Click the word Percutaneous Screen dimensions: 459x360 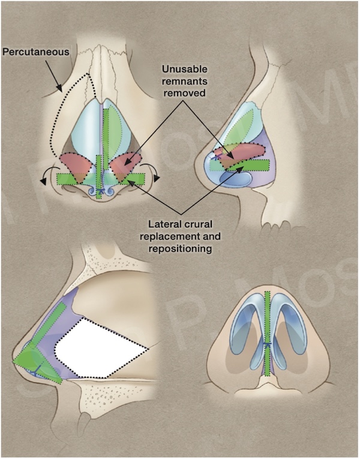pos(37,52)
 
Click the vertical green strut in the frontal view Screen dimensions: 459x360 pos(106,144)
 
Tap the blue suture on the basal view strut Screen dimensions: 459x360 pos(268,345)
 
